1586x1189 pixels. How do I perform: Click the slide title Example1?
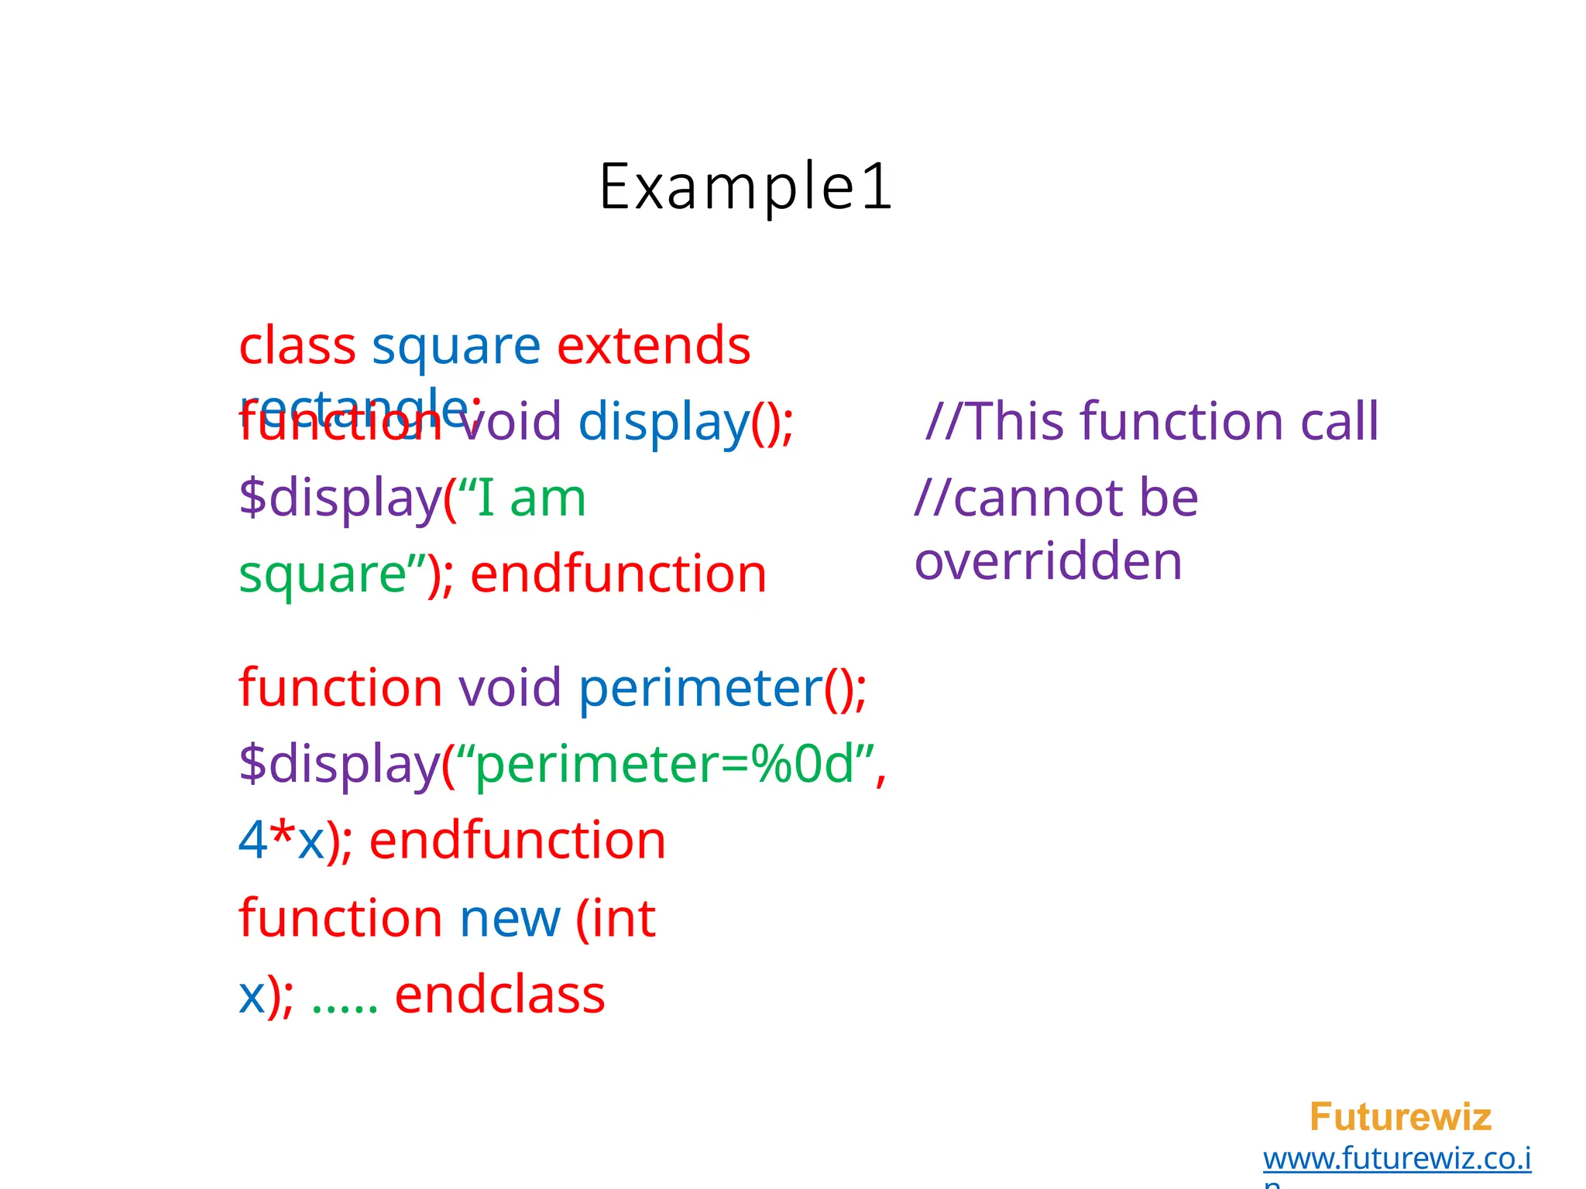pyautogui.click(x=746, y=187)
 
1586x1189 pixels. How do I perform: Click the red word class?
pyautogui.click(x=297, y=345)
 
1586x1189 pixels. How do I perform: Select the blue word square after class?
pyautogui.click(x=455, y=347)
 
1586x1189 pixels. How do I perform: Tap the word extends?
pyautogui.click(x=654, y=345)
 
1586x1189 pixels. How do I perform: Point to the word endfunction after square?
pyautogui.click(x=618, y=574)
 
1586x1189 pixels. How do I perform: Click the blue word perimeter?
pyautogui.click(x=700, y=687)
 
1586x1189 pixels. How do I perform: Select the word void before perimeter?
pyautogui.click(x=510, y=687)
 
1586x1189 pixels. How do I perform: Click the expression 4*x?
pyautogui.click(x=280, y=840)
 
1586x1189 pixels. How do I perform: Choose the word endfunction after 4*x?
pyautogui.click(x=517, y=840)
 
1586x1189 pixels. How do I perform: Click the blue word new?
pyautogui.click(x=510, y=918)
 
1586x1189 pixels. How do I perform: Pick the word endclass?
pyautogui.click(x=499, y=995)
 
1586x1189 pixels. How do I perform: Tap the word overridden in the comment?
pyautogui.click(x=1049, y=561)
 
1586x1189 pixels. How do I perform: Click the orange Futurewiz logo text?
pyautogui.click(x=1400, y=1117)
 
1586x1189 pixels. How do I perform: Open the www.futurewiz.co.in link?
pyautogui.click(x=1397, y=1160)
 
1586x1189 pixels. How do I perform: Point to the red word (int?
pyautogui.click(x=616, y=918)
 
